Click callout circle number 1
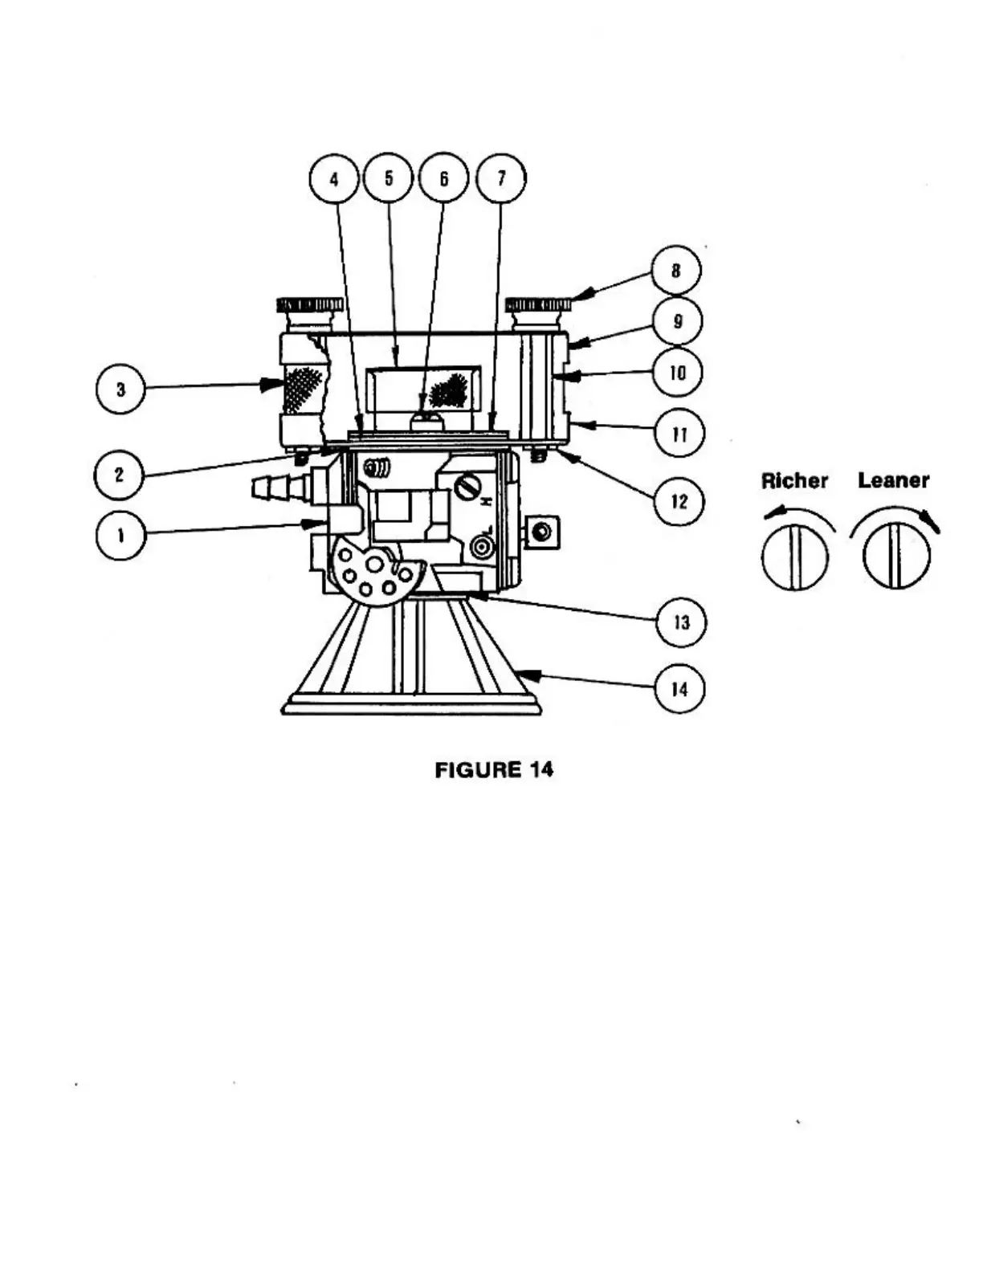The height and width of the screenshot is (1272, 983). click(x=120, y=536)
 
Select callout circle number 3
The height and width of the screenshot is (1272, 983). click(x=120, y=389)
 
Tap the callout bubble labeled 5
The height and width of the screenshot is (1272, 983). click(x=389, y=177)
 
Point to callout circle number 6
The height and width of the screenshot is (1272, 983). click(x=443, y=178)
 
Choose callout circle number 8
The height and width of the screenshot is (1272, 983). click(x=675, y=271)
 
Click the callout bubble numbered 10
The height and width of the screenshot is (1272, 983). click(x=677, y=373)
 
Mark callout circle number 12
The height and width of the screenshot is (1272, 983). click(x=679, y=501)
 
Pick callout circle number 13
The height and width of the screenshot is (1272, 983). click(x=681, y=622)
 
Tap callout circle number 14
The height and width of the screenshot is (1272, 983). click(x=679, y=689)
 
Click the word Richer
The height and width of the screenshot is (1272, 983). click(x=794, y=481)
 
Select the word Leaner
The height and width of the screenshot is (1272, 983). click(x=893, y=480)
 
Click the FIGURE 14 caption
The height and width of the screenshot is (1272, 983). click(x=494, y=769)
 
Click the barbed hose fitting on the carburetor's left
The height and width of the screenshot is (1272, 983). click(x=278, y=487)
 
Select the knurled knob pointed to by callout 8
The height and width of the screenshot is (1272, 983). click(x=538, y=304)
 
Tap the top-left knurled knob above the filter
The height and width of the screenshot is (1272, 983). click(x=309, y=304)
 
